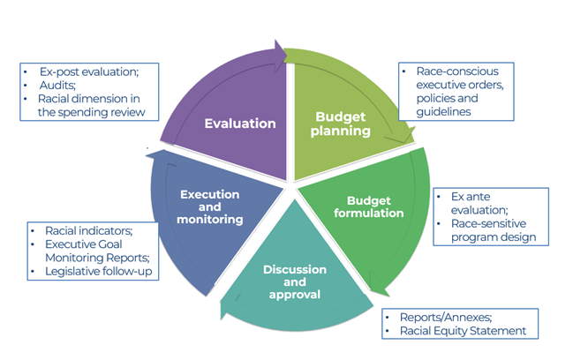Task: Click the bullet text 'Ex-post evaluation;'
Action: click(x=88, y=69)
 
